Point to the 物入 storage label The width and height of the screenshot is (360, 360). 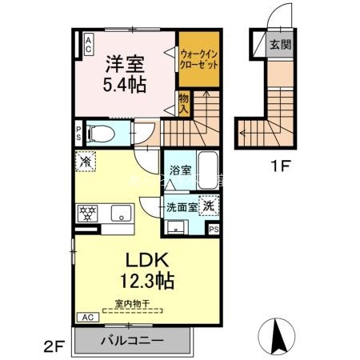click(x=183, y=102)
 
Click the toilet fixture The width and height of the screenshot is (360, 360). click(x=100, y=133)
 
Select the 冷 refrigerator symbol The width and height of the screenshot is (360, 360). click(x=86, y=161)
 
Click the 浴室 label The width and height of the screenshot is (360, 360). click(x=180, y=170)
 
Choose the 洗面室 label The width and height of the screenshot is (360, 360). click(x=181, y=206)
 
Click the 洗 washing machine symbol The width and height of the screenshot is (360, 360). click(x=207, y=205)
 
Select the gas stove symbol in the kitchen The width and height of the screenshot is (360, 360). click(x=86, y=213)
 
